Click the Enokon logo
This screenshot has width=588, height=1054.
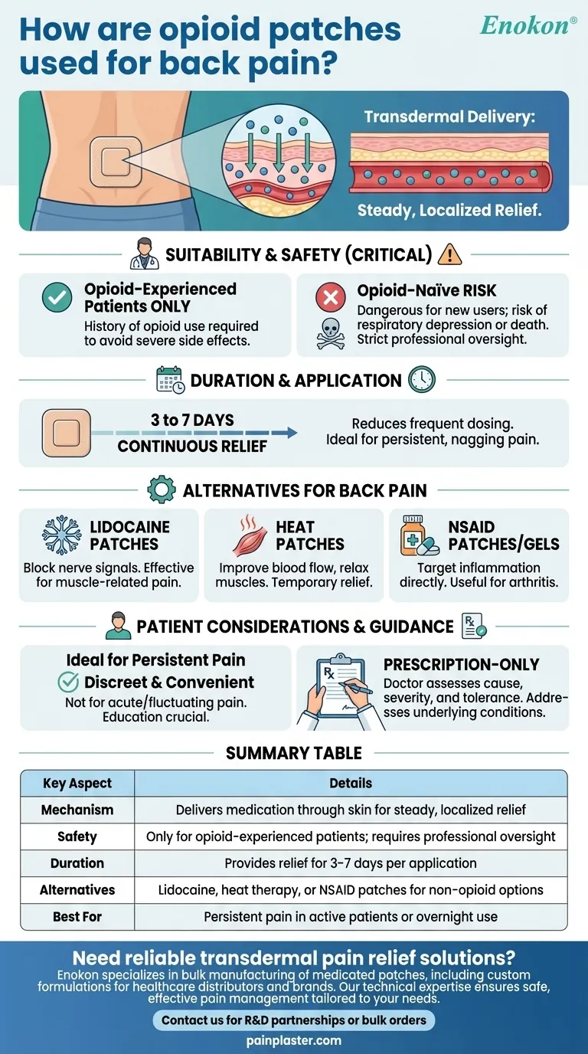click(528, 25)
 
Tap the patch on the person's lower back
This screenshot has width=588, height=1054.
click(111, 161)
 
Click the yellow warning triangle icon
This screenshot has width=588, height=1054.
click(449, 254)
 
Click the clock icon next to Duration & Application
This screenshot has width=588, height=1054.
click(422, 379)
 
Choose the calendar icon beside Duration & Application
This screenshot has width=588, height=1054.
click(169, 380)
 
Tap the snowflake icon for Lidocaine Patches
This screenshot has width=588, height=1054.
click(61, 535)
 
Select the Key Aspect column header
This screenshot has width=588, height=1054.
click(77, 783)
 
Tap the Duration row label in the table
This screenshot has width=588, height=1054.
click(77, 863)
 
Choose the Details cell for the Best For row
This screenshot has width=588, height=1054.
click(351, 917)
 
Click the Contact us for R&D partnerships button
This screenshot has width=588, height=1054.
click(294, 1020)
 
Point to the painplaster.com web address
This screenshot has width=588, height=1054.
click(294, 1040)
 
